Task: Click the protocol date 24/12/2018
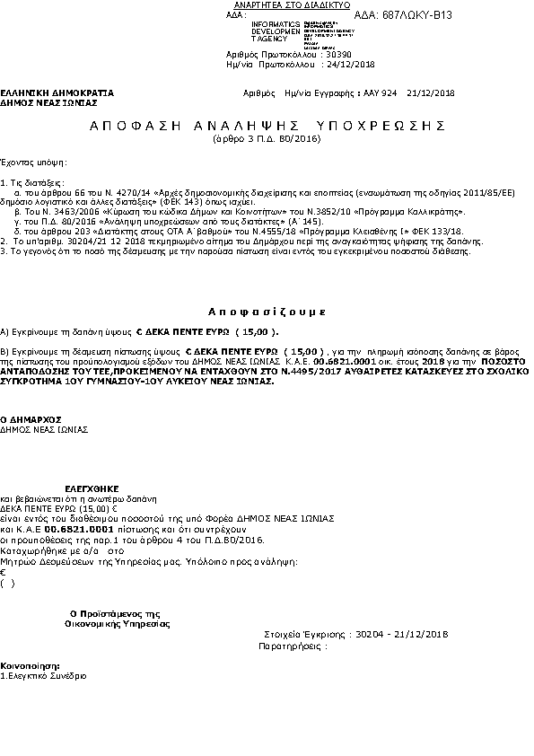(x=349, y=65)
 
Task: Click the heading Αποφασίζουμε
(x=267, y=311)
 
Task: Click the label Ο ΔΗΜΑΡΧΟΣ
(x=30, y=419)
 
